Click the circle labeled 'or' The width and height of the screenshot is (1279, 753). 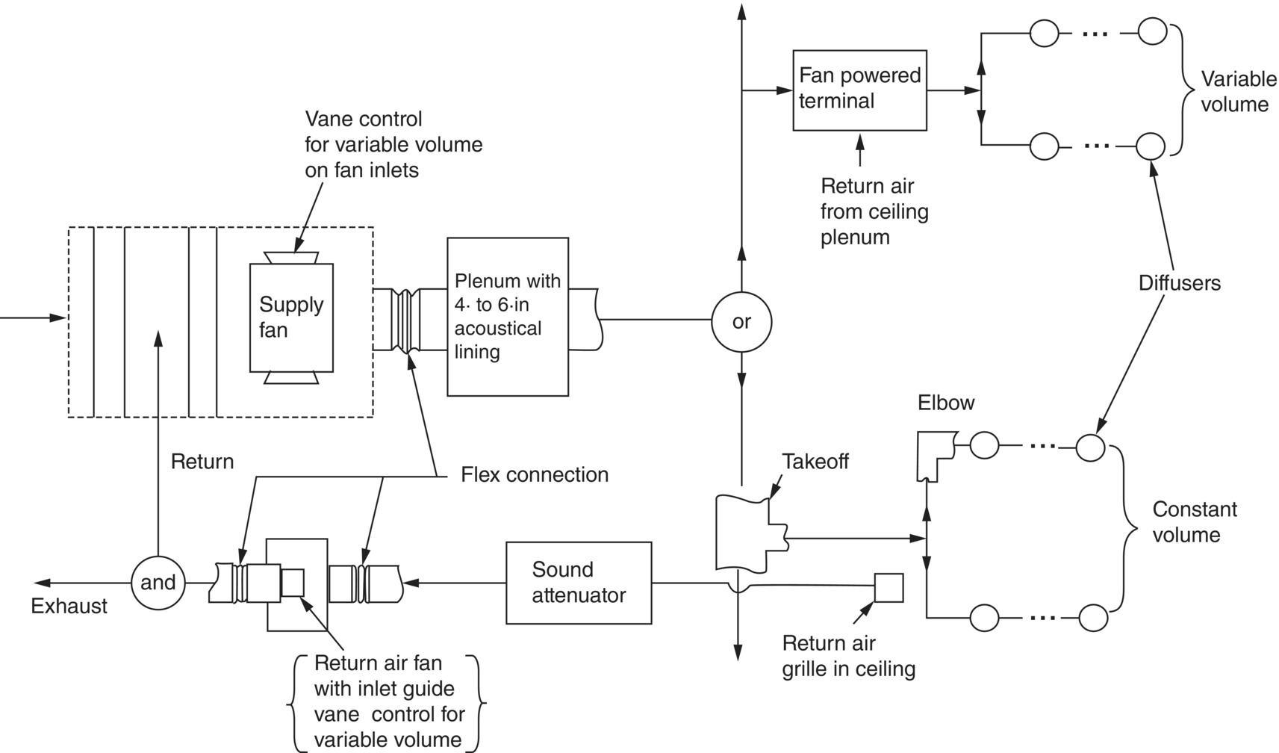click(741, 322)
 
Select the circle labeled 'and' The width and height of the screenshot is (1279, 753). click(158, 583)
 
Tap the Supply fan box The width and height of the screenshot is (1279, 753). click(291, 317)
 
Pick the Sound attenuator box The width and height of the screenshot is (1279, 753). click(579, 583)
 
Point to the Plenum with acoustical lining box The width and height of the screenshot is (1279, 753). click(508, 317)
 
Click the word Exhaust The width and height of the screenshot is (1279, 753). click(69, 606)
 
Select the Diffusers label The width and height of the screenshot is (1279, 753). click(1179, 283)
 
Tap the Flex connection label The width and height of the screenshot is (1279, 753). click(535, 475)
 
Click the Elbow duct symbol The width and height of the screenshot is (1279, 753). click(935, 453)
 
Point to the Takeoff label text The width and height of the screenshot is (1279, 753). click(815, 462)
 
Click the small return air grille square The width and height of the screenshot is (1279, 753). click(889, 588)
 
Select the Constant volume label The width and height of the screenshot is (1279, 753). click(1194, 522)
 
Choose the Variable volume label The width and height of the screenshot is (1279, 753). click(1238, 92)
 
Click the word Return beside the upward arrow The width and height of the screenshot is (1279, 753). click(202, 462)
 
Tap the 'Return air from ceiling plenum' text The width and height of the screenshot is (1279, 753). click(874, 211)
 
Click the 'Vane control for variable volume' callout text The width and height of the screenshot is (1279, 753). click(393, 144)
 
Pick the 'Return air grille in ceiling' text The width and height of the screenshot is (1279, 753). click(848, 656)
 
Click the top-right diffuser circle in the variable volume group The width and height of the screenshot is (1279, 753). click(1151, 32)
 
